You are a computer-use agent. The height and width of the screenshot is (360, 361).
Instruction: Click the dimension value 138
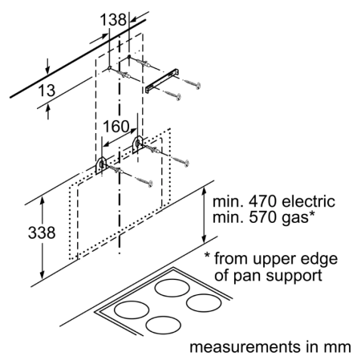point(113,19)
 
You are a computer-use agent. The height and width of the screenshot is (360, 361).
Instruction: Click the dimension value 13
point(47,91)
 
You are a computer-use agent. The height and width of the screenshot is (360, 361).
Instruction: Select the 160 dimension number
point(116,127)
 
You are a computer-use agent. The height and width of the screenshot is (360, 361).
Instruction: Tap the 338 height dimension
point(42,233)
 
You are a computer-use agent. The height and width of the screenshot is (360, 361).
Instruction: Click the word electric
point(308,201)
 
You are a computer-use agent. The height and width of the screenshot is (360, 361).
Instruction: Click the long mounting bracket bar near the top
point(162,81)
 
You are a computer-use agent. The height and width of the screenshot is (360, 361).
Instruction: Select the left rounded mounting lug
point(101,166)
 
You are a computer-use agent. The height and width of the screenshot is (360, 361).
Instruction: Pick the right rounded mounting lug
point(137,145)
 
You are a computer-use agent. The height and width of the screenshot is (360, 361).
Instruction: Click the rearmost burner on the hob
point(172,288)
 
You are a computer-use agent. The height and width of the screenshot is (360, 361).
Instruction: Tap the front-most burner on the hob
point(164,325)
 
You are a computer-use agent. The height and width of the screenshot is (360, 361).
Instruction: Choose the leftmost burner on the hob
point(132,309)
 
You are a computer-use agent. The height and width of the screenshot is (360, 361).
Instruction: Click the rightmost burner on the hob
point(204,303)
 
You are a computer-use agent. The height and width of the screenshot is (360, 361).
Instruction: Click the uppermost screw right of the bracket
point(191,83)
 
